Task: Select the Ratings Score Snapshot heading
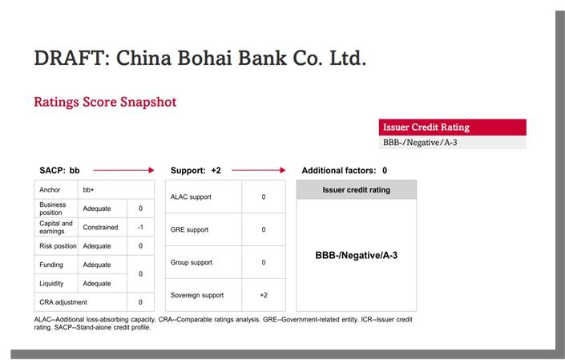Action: pyautogui.click(x=105, y=102)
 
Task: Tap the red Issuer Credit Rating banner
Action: pyautogui.click(x=452, y=127)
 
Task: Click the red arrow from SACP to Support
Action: pyautogui.click(x=123, y=170)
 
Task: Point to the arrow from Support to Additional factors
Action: pyautogui.click(x=258, y=170)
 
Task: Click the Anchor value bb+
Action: pyautogui.click(x=88, y=190)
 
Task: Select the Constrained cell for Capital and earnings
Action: pyautogui.click(x=100, y=228)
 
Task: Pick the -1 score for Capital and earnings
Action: pyautogui.click(x=140, y=227)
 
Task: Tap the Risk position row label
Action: pyautogui.click(x=58, y=246)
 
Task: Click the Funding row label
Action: pyautogui.click(x=51, y=265)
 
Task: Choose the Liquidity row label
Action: pyautogui.click(x=51, y=284)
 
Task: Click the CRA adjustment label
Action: pyautogui.click(x=63, y=302)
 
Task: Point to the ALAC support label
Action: pyautogui.click(x=191, y=197)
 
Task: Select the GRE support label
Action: pyautogui.click(x=189, y=230)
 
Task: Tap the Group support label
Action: pyautogui.click(x=192, y=263)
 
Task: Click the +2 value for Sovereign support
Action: pyautogui.click(x=264, y=295)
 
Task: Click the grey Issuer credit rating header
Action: pyautogui.click(x=357, y=189)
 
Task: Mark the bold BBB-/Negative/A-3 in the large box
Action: pyautogui.click(x=357, y=256)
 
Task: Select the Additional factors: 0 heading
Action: pyautogui.click(x=345, y=171)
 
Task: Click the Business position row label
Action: pyautogui.click(x=53, y=208)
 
